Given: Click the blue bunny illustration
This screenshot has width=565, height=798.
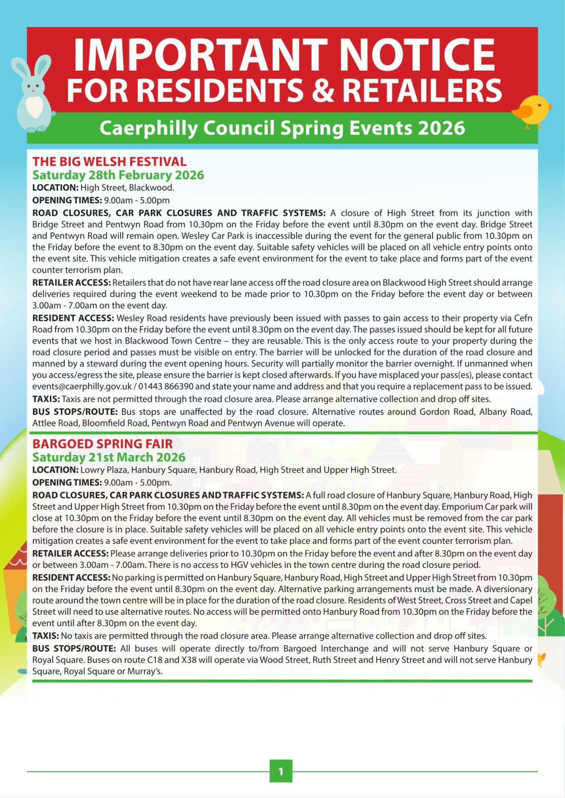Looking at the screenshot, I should [33, 94].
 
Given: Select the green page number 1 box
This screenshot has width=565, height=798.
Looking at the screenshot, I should [281, 771].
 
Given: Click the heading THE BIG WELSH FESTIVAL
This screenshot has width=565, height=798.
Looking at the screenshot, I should [109, 162].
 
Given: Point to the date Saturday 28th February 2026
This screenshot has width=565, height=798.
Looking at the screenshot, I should [118, 175].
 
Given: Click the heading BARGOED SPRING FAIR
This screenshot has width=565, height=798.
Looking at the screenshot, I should [102, 444].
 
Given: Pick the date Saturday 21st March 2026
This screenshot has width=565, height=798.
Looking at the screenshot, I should [109, 457].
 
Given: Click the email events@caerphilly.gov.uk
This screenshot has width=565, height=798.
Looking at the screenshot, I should [82, 387].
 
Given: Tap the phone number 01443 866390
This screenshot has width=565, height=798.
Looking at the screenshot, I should [166, 387].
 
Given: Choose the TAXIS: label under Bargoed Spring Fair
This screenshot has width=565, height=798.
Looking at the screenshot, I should [46, 636].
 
